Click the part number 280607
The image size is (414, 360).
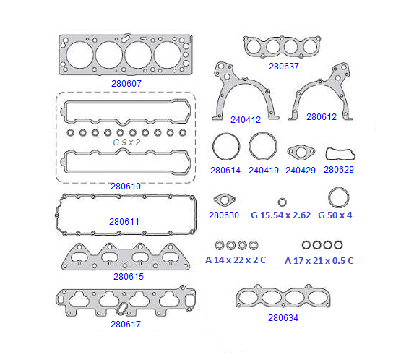pyautogui.click(x=126, y=84)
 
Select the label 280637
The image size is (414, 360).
pyautogui.click(x=283, y=67)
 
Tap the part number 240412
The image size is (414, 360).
pyautogui.click(x=246, y=120)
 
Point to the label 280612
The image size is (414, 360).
pyautogui.click(x=322, y=116)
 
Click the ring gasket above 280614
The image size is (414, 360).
pyautogui.click(x=213, y=146)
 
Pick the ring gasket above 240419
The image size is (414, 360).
pyautogui.click(x=250, y=146)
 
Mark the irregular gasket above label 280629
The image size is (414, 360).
pyautogui.click(x=327, y=154)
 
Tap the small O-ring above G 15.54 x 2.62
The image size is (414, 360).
pyautogui.click(x=280, y=202)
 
